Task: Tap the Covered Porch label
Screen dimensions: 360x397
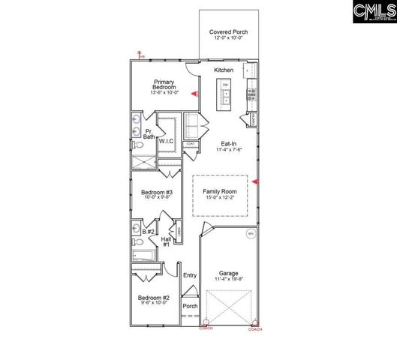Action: point(229,32)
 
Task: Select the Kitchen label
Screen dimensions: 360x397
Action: point(224,70)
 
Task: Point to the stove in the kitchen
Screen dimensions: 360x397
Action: point(252,94)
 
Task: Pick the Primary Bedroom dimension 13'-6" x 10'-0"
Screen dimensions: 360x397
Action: point(164,93)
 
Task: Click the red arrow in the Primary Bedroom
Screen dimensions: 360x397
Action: point(194,94)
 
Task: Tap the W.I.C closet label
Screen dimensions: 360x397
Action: point(166,140)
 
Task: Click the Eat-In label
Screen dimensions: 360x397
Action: point(229,143)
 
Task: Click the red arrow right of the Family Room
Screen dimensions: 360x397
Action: point(256,181)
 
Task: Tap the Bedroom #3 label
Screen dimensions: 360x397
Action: point(157,193)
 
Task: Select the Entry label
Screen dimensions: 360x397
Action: point(190,275)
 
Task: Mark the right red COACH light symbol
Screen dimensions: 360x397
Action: point(254,324)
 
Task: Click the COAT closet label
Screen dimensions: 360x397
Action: point(191,143)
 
